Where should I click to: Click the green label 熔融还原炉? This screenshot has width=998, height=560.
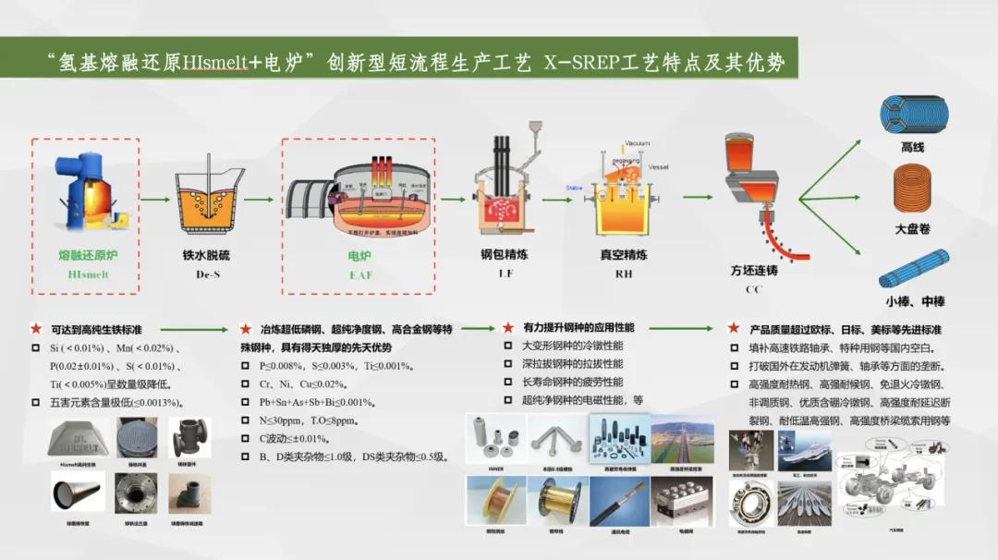(x=89, y=255)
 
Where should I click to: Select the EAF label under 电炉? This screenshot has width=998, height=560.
(x=359, y=274)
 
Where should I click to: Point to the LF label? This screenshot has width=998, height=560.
(x=505, y=274)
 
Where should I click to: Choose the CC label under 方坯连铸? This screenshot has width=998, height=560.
(x=753, y=289)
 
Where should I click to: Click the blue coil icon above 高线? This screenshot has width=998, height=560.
(x=913, y=115)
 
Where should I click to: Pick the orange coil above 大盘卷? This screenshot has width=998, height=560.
(x=913, y=191)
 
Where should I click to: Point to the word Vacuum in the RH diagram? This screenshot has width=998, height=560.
(x=637, y=143)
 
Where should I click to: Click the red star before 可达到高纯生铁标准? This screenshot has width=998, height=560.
(x=36, y=328)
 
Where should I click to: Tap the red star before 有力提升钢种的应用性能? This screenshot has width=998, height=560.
(x=507, y=327)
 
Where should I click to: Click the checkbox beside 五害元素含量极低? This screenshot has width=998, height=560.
(x=36, y=402)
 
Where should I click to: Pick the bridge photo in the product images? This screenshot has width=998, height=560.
(x=682, y=443)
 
